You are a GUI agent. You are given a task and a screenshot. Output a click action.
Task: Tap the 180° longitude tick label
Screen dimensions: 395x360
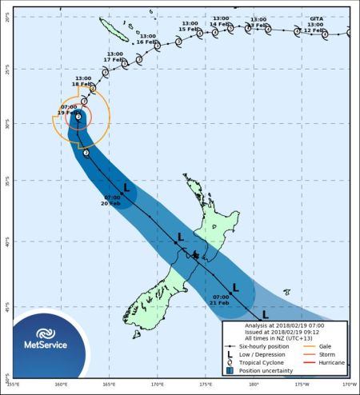254,385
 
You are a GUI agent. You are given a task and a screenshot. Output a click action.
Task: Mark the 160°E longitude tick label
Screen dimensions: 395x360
61,385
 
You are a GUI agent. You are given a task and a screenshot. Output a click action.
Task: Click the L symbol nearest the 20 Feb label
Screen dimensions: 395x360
126,186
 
